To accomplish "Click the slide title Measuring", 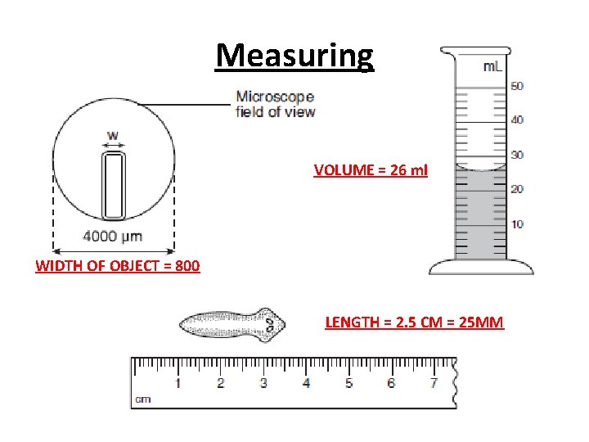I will coord(294,56).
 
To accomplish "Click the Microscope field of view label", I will coord(275,104).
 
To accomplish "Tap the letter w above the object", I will coord(113,136).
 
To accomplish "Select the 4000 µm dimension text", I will coord(113,237).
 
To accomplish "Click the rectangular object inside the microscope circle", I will coord(114,186).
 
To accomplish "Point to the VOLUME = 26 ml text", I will coord(370,171).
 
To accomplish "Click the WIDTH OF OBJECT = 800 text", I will coord(118,266).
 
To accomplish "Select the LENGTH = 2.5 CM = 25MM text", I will coord(415,322).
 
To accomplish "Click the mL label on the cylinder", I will coord(492,66).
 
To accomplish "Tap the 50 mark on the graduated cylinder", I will coord(517,86).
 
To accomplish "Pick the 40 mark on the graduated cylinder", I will coord(517,120).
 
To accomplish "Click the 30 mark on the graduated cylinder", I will coord(517,155).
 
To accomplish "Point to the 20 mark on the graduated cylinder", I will coord(517,189).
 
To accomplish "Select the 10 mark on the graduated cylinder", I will coord(517,223).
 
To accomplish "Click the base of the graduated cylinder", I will coord(481,267).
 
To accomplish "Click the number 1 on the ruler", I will coord(178,382).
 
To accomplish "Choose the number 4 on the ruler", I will coord(306,382).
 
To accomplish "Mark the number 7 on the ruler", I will coord(434,382).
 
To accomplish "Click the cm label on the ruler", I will coord(143,399).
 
